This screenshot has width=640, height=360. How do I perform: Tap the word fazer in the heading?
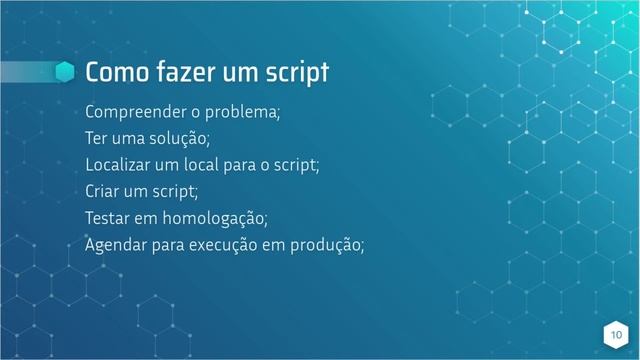tap(184, 74)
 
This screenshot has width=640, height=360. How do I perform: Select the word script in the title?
tap(298, 75)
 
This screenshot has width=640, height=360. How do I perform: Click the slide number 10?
tap(615, 334)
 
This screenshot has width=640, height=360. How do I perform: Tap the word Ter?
tap(98, 138)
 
